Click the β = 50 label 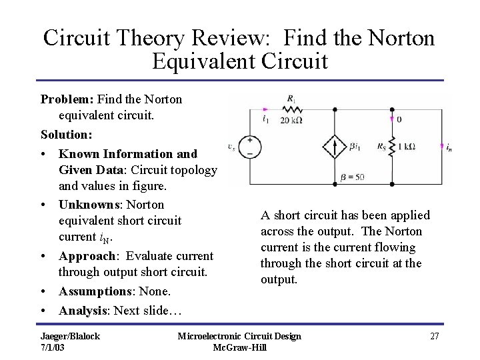point(353,177)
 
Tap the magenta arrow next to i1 point(267,108)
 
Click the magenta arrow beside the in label point(442,145)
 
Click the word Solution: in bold point(66,135)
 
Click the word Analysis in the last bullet point(84,310)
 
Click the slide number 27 point(435,336)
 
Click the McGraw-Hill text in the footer point(239,347)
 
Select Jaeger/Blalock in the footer point(70,336)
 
